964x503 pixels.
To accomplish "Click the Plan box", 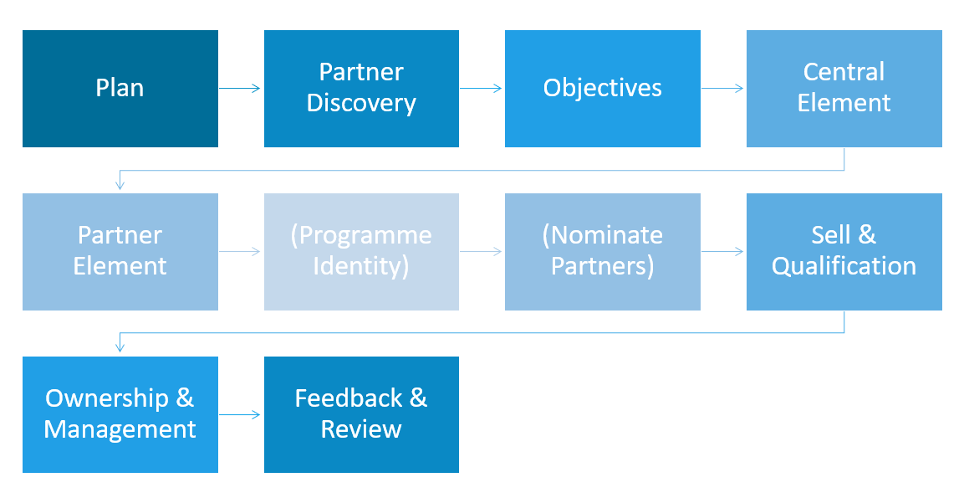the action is click(120, 89).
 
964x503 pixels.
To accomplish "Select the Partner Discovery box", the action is click(361, 89).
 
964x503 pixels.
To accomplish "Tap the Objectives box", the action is click(603, 89).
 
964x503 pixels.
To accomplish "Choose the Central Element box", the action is click(844, 89).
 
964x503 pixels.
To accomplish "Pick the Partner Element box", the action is click(120, 252).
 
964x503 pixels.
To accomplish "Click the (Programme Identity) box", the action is click(361, 252).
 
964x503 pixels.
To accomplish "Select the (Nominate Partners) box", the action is click(603, 252).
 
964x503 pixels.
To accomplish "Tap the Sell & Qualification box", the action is click(844, 252).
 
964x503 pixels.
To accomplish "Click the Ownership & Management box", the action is click(120, 415).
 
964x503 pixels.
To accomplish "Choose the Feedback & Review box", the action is click(361, 415).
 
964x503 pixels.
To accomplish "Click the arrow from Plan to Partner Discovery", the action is click(240, 89).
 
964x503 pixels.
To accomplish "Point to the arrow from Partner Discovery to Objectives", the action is click(481, 89).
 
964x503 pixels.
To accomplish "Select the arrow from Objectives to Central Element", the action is click(722, 89).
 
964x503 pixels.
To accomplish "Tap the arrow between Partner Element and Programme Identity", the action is click(240, 251).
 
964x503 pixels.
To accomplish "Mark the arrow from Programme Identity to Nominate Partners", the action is click(481, 251).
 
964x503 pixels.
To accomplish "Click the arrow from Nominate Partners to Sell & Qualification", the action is click(722, 251).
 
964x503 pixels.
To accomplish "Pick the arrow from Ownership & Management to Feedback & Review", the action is click(240, 415).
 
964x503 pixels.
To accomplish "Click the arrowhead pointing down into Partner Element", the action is click(120, 185).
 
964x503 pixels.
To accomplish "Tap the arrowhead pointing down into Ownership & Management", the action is click(120, 348).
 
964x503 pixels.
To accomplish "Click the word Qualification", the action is click(844, 267).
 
